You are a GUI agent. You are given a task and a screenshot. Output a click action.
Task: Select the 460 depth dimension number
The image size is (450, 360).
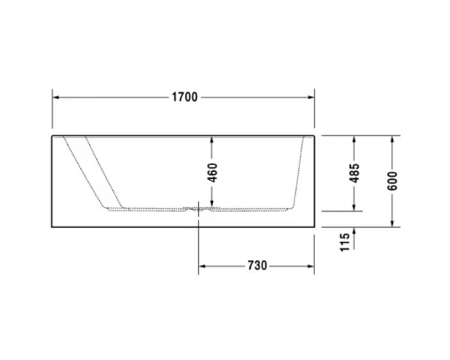coord(212,173)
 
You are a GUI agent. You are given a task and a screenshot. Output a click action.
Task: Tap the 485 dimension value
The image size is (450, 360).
coord(355,173)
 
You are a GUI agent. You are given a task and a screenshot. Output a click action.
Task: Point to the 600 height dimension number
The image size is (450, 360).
coord(392,181)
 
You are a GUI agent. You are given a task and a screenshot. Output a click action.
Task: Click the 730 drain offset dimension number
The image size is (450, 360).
coord(256,265)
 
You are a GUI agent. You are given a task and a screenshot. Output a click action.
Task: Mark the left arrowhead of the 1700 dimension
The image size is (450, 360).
coord(56,96)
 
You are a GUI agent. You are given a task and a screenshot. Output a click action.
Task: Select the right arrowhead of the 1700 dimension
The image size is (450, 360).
coord(310,96)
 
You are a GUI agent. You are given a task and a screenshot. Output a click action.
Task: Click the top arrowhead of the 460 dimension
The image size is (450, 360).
coord(212,139)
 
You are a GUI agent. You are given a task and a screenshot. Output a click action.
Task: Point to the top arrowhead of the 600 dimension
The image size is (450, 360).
coord(392,139)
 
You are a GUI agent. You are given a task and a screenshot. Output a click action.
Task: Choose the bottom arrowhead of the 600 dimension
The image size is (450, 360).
coord(392,224)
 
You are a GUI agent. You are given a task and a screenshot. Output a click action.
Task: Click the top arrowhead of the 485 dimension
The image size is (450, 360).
coord(355,139)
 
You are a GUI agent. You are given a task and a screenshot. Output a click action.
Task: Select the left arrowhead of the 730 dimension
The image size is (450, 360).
coord(202,265)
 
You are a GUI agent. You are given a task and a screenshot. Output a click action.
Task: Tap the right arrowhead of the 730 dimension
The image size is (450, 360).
coord(310,265)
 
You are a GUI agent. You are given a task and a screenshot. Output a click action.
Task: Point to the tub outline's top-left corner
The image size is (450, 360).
coord(53,137)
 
